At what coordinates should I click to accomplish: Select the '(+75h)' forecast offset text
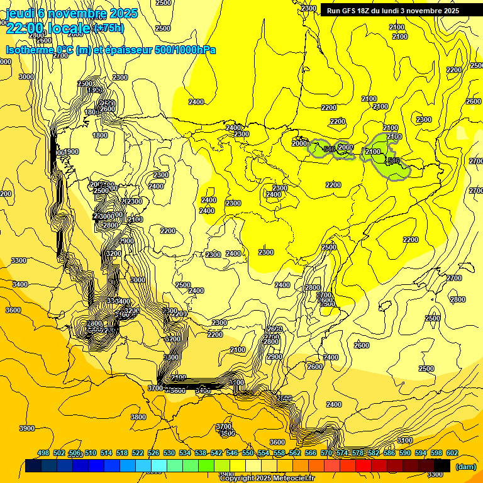(x=108, y=28)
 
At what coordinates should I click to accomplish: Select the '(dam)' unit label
(x=465, y=467)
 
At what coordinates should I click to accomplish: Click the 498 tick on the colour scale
(x=43, y=453)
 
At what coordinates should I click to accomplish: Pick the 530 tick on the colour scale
(x=169, y=453)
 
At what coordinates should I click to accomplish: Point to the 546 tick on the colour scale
(x=232, y=453)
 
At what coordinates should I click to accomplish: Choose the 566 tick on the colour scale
(x=311, y=453)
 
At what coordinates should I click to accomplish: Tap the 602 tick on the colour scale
(x=452, y=453)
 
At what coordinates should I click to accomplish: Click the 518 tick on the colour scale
(x=122, y=453)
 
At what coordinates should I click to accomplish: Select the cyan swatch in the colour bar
(x=159, y=466)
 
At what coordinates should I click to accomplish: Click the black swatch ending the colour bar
(x=442, y=466)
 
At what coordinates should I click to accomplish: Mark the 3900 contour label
(x=27, y=428)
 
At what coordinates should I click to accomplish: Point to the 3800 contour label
(x=138, y=417)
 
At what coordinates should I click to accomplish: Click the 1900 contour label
(x=71, y=152)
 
